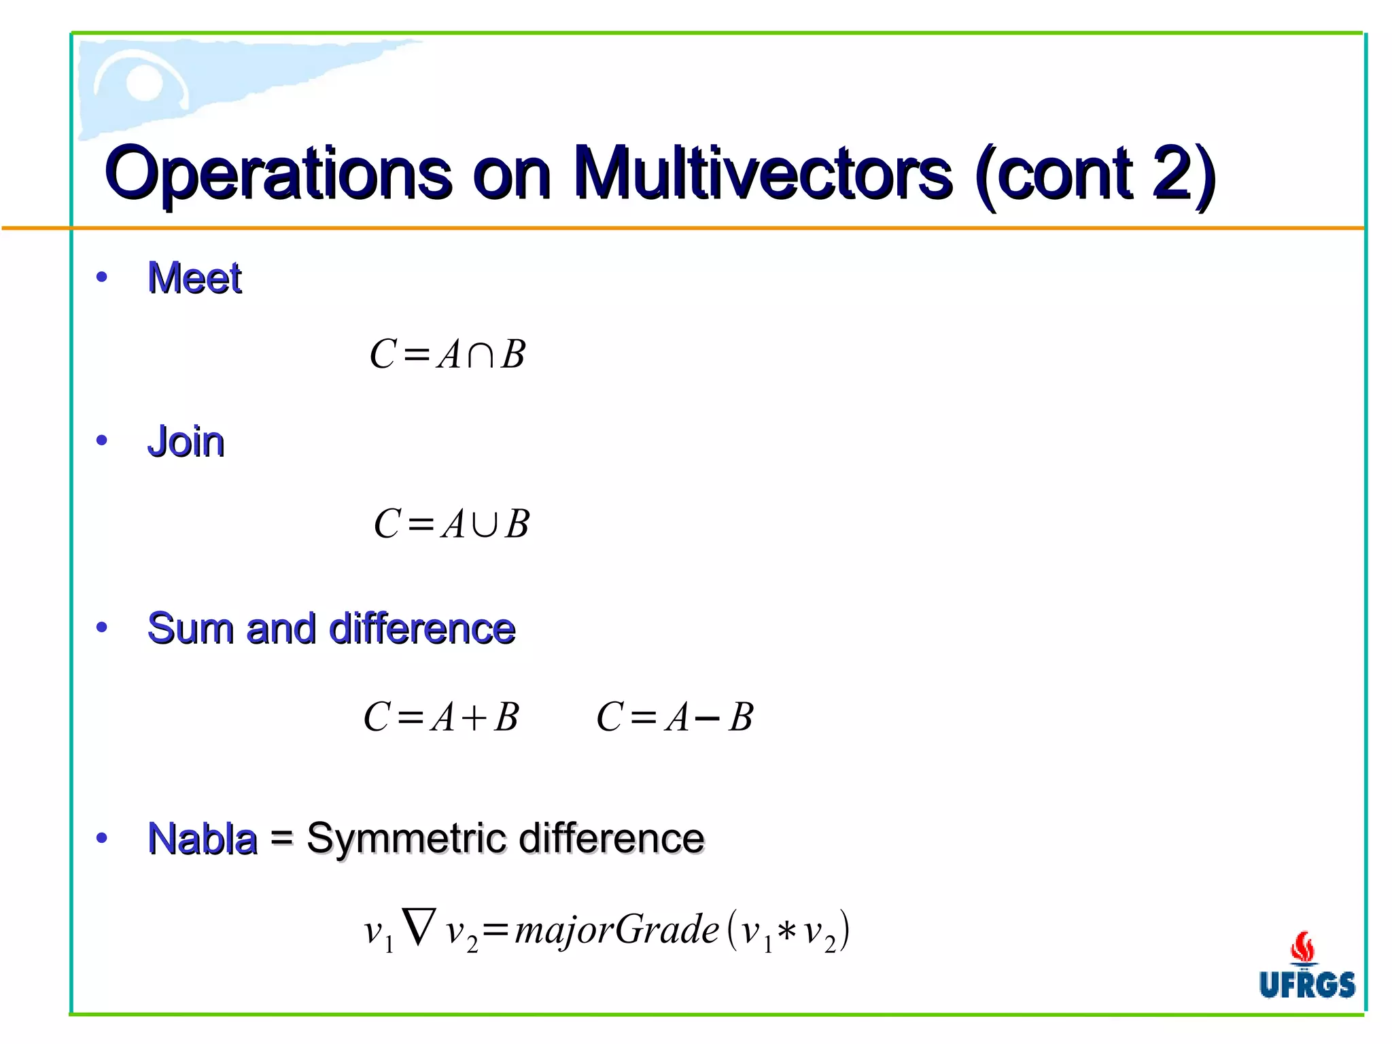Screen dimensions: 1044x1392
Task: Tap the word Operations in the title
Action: [x=279, y=173]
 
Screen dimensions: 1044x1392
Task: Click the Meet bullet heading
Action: [x=195, y=278]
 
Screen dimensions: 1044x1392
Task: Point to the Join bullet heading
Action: [x=186, y=442]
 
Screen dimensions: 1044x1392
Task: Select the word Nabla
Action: [x=203, y=838]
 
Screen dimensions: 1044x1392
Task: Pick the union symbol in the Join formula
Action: [x=485, y=525]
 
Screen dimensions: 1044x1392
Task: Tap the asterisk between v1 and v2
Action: [x=787, y=931]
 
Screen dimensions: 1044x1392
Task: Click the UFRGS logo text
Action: [x=1306, y=985]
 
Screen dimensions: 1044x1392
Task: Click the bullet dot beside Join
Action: [x=102, y=441]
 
